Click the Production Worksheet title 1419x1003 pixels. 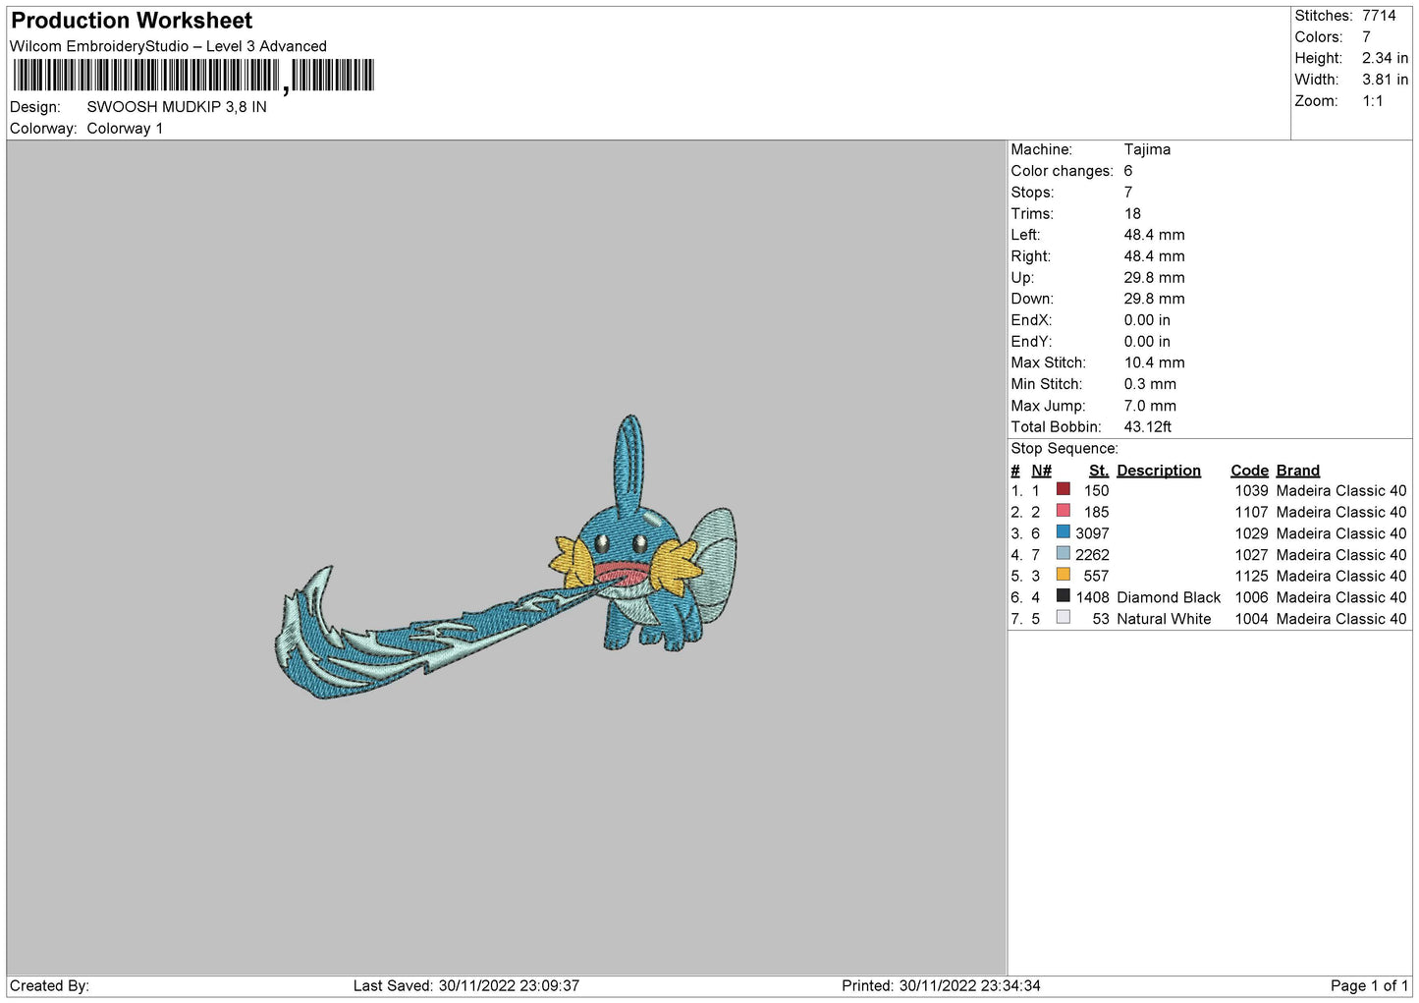[132, 21]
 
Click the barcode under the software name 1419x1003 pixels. [193, 76]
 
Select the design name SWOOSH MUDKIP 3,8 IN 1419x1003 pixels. [177, 107]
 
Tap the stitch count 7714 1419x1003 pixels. [1379, 16]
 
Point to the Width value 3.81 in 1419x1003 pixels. [1385, 80]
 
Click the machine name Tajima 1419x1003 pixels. [1147, 149]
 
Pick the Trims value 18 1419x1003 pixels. [1132, 213]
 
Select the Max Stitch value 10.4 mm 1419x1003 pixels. [1154, 362]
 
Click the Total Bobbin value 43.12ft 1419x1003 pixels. [1147, 426]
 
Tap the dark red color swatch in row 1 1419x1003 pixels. [1063, 489]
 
